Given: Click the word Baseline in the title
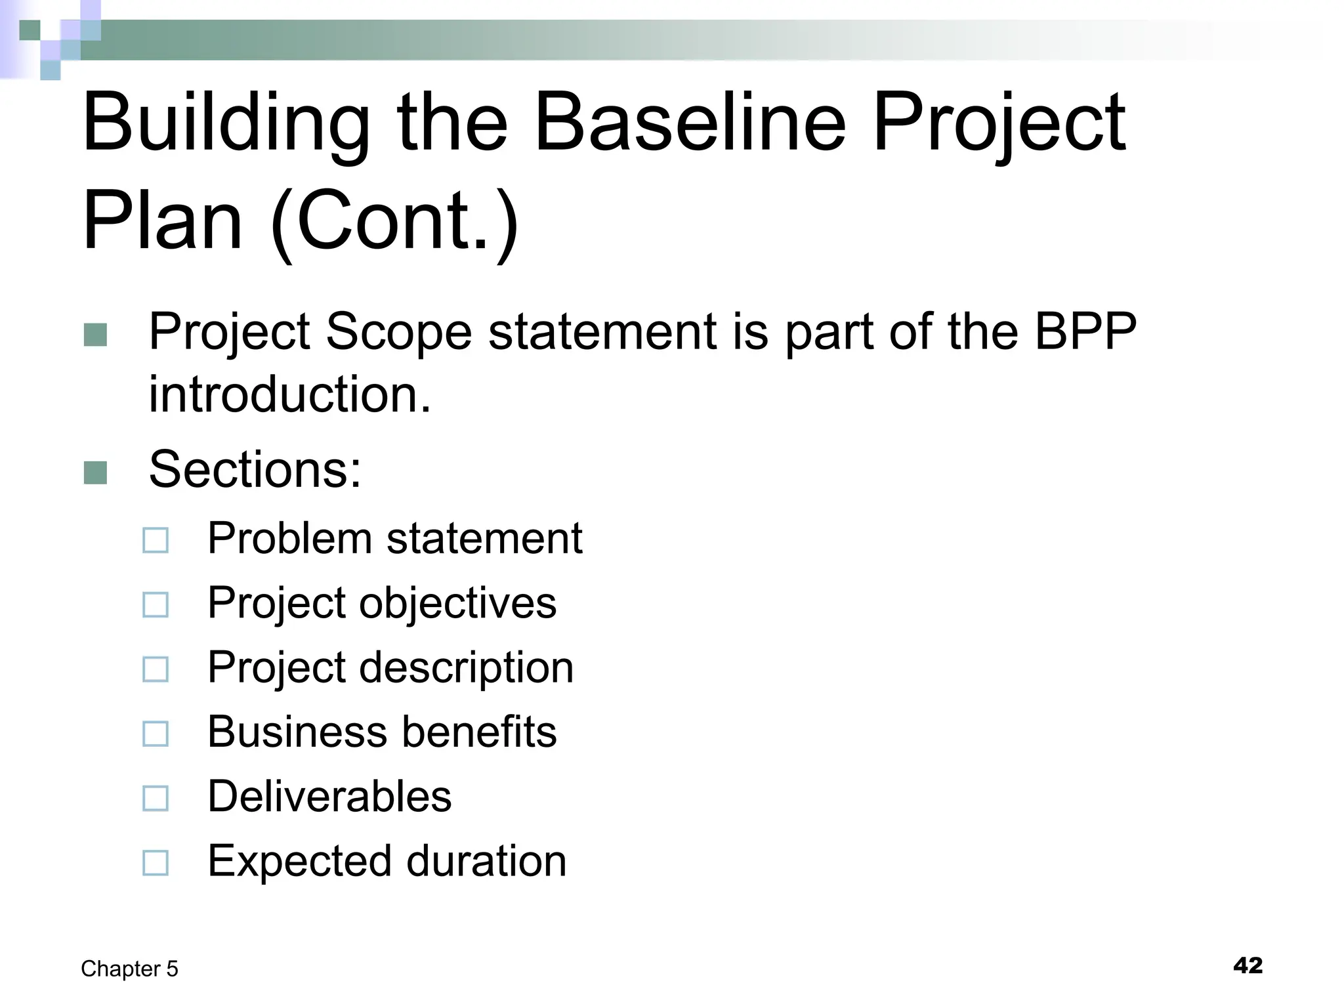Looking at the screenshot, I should (x=690, y=123).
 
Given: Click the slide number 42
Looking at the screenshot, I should (x=1248, y=965).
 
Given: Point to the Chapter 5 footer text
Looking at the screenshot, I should (x=129, y=969).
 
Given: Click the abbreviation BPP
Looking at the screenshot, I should (x=1085, y=331).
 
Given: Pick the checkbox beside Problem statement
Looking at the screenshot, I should (x=156, y=540).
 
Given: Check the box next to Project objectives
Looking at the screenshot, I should (x=156, y=604).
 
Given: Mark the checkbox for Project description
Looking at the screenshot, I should (x=156, y=669).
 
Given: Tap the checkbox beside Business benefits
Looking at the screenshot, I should (x=156, y=733).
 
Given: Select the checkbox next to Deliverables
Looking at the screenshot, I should (x=156, y=797).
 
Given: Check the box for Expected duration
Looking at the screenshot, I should (x=156, y=862).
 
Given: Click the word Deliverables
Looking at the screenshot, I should (x=329, y=796).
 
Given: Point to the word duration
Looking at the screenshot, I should (x=486, y=860).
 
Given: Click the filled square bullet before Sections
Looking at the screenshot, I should (x=96, y=472).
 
